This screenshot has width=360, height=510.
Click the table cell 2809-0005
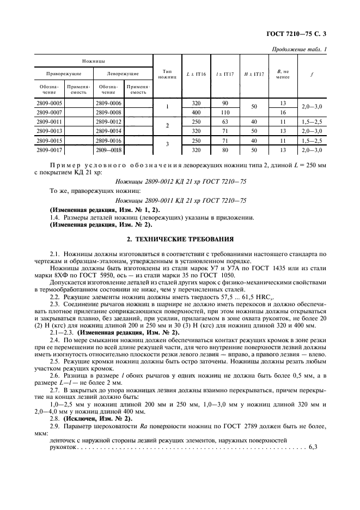pyautogui.click(x=48, y=102)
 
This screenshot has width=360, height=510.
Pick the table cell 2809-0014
pyautogui.click(x=108, y=131)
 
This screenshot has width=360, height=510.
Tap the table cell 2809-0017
pyautogui.click(x=48, y=149)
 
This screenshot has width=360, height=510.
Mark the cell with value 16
pyautogui.click(x=283, y=112)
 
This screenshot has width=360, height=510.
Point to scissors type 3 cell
pyautogui.click(x=167, y=144)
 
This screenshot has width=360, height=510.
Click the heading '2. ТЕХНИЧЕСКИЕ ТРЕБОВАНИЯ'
pyautogui.click(x=180, y=238)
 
